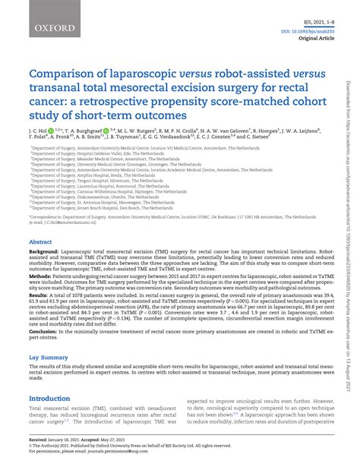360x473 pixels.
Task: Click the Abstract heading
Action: pos(40,243)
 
